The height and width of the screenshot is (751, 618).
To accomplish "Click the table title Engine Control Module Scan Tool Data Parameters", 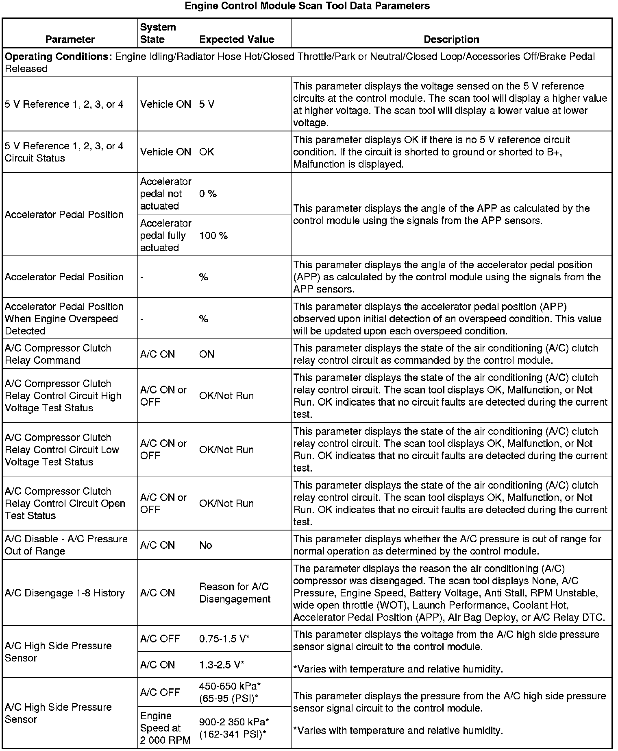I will click(x=307, y=6).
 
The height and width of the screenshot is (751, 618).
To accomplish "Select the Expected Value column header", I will click(x=237, y=39).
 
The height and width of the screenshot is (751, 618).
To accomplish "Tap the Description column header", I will click(x=451, y=39).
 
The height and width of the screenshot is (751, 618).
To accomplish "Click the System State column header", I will click(x=158, y=33).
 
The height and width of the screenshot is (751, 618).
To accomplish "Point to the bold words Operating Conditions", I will click(x=58, y=57).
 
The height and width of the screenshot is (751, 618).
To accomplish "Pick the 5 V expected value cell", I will click(x=207, y=105).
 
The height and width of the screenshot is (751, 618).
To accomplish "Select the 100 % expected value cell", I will click(x=213, y=236).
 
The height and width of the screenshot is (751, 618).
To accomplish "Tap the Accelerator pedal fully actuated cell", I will click(x=165, y=236).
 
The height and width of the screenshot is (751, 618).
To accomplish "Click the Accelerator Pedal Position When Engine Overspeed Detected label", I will click(x=64, y=319).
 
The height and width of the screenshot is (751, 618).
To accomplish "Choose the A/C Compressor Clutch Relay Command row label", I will click(x=58, y=354).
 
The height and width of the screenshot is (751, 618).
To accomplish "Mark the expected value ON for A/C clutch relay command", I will click(x=207, y=354).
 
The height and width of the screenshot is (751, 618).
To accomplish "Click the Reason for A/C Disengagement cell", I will click(x=235, y=593).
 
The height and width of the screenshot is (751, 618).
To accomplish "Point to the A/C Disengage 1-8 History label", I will click(x=65, y=593).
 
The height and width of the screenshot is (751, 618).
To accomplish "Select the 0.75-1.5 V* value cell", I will click(x=224, y=639).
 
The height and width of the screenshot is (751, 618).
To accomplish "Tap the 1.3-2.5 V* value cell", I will click(x=222, y=665).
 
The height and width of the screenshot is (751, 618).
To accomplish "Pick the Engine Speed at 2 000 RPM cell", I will click(x=160, y=728).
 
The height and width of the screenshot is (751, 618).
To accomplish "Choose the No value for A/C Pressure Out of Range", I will click(x=206, y=545).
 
